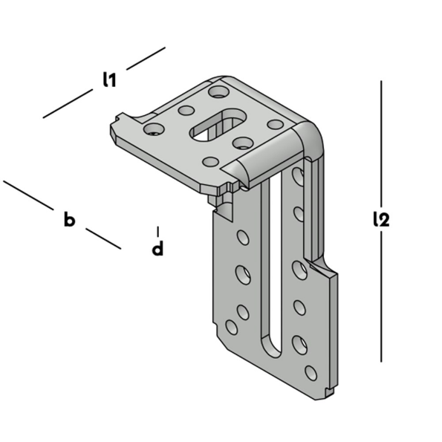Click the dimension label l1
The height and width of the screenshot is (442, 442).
(x=109, y=79)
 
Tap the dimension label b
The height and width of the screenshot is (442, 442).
(x=69, y=219)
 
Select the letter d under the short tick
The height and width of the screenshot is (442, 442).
(x=157, y=248)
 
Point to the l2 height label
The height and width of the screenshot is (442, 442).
(x=381, y=219)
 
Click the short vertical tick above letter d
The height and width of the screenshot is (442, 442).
(x=157, y=231)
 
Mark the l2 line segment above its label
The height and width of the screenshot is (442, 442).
(x=381, y=141)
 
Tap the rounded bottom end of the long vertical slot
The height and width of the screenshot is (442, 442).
(x=271, y=349)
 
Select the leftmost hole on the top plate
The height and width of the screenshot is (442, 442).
(x=154, y=129)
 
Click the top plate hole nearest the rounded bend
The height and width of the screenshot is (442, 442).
(x=275, y=125)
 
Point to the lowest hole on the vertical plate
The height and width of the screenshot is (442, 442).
(x=311, y=372)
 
